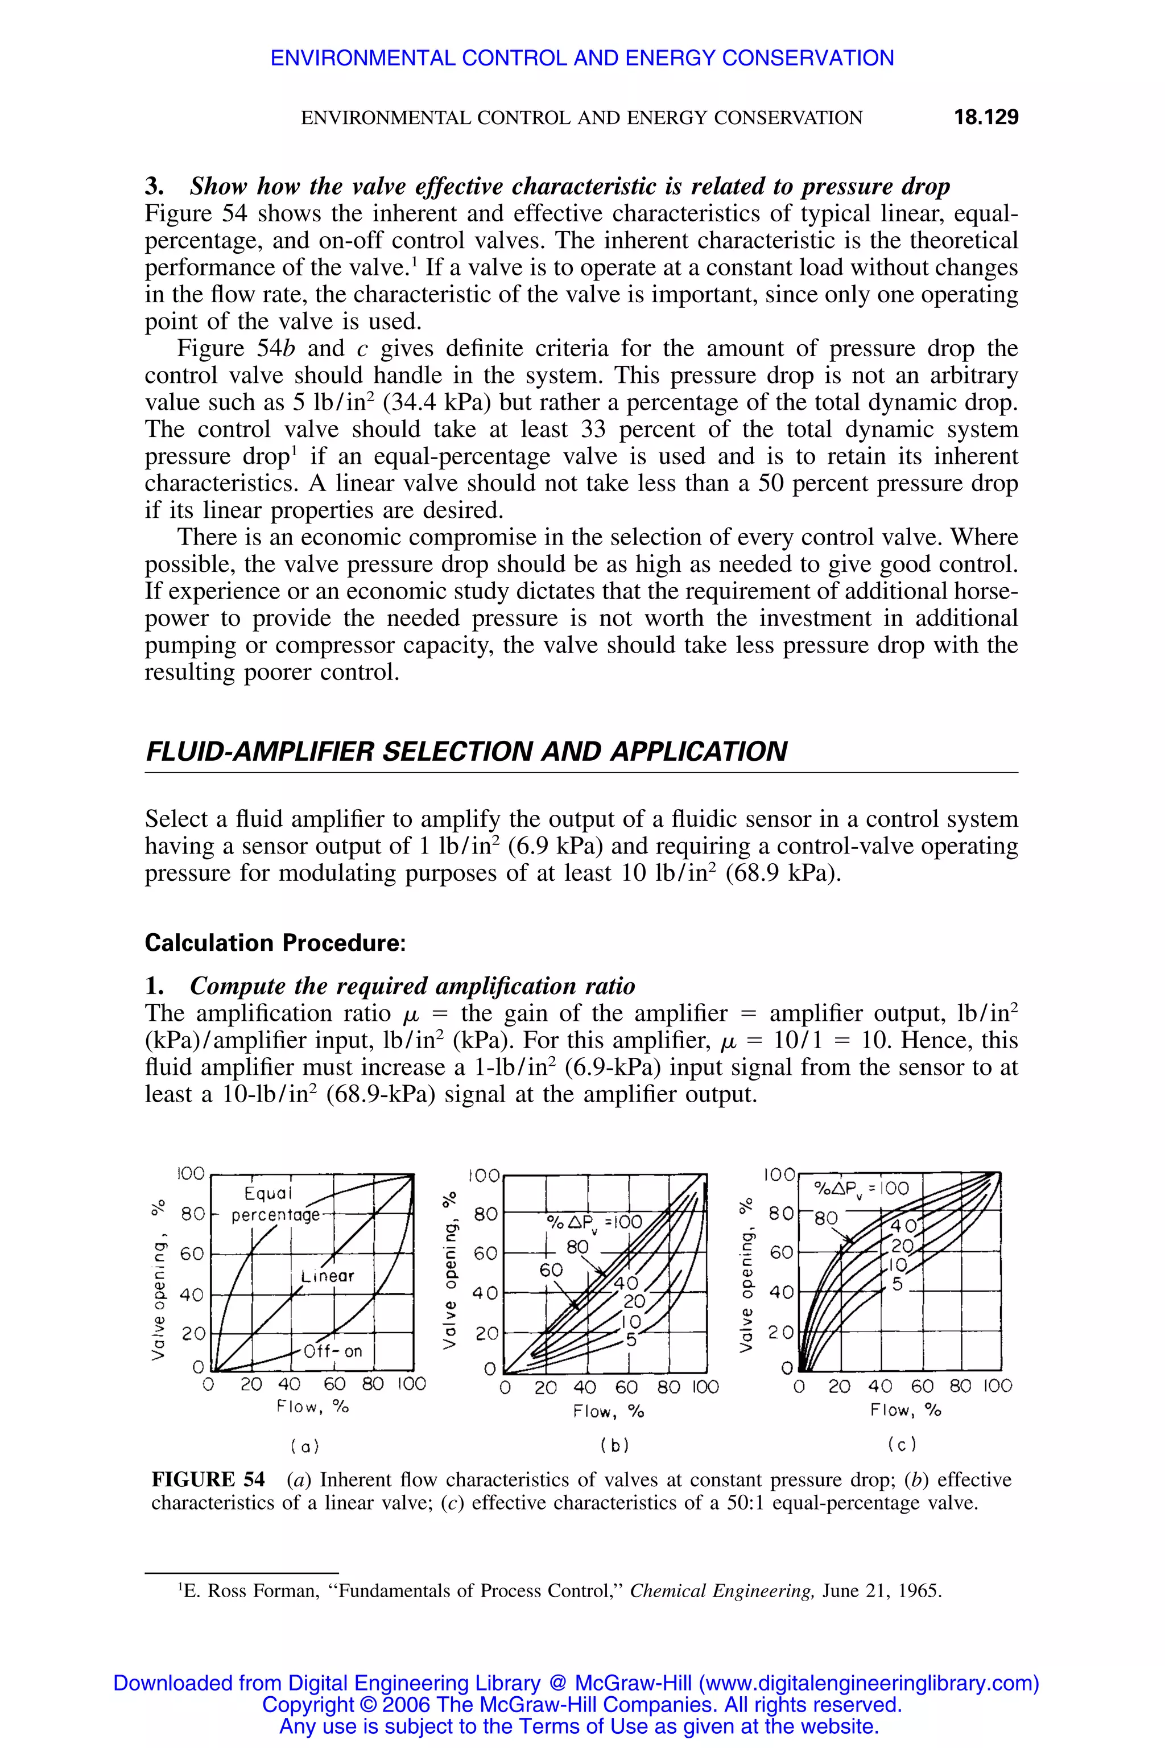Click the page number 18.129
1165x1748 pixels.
[x=986, y=117]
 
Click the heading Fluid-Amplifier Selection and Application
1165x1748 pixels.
[x=466, y=752]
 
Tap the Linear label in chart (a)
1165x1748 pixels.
[x=328, y=1276]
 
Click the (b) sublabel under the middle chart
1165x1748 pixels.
[x=614, y=1445]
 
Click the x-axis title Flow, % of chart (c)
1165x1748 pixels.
[x=905, y=1410]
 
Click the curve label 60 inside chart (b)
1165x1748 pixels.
[x=551, y=1270]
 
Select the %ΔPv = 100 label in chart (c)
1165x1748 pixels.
[x=862, y=1188]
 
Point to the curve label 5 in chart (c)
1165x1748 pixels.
[x=898, y=1284]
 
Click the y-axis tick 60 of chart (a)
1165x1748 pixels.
[x=192, y=1254]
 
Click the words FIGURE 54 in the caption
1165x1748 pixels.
[x=208, y=1479]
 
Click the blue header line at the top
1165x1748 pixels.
[x=582, y=58]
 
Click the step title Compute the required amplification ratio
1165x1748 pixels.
[x=412, y=986]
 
